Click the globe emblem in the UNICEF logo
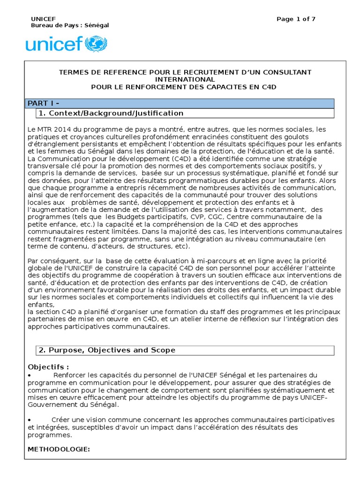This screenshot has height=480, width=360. [x=97, y=44]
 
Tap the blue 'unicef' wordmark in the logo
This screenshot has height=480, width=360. [x=54, y=45]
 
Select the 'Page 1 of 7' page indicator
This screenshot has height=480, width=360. [x=296, y=19]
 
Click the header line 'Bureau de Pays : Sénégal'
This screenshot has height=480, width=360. [x=69, y=25]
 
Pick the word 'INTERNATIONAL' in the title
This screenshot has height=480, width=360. [x=185, y=79]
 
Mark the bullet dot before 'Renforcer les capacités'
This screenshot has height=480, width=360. [x=30, y=375]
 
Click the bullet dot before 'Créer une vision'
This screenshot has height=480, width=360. [x=30, y=420]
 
